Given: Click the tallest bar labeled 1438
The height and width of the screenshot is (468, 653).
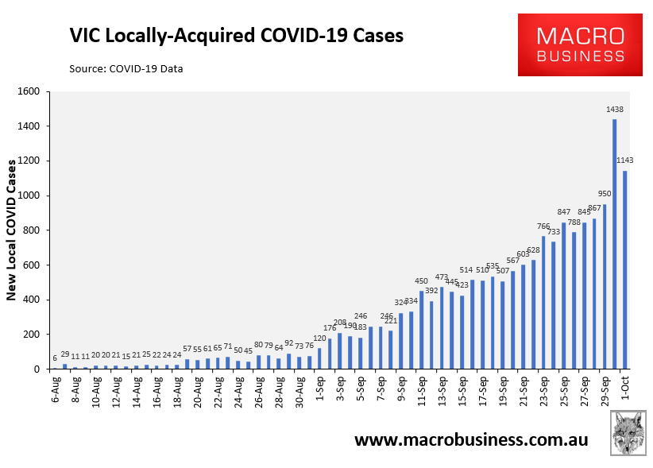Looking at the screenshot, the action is pos(614,244).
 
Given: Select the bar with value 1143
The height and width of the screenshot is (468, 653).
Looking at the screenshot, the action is pos(624,270).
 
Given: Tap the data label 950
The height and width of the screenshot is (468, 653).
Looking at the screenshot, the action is pos(605,194).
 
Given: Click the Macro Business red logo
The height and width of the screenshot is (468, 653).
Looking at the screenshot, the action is pos(580,45).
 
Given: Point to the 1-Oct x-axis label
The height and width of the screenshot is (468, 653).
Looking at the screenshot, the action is pos(625,388).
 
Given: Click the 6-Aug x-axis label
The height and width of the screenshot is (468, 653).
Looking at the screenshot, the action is pos(56,389).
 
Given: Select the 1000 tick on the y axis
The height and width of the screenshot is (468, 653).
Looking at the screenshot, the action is pos(29,195).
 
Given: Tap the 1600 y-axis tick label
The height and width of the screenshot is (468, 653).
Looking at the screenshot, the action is pos(29,91).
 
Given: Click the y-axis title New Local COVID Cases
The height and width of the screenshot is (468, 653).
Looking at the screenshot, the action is pos(11,230).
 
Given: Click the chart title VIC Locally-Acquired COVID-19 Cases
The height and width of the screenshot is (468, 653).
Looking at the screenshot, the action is pos(237,36).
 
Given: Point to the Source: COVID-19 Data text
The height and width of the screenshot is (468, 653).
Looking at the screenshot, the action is pos(126,68).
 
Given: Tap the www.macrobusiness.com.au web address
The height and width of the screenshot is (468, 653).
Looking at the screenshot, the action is pos(471,439).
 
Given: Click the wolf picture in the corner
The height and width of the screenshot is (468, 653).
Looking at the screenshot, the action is pos(628,433).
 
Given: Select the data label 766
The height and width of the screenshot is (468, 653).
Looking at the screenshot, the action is pos(543,226).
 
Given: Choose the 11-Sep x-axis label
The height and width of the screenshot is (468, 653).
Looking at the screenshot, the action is pos(422,391).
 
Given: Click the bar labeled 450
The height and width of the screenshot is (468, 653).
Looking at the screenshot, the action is pos(422,330).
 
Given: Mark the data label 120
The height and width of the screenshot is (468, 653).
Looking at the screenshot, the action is pos(319,338).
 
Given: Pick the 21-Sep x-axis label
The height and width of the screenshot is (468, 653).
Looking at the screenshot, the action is pos(523,391).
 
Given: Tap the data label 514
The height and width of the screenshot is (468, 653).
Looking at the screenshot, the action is pos(466,270).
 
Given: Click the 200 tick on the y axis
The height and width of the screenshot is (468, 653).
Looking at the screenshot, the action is pos(31,335).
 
